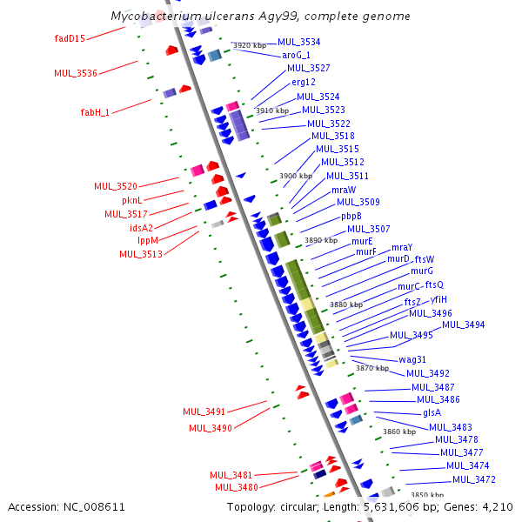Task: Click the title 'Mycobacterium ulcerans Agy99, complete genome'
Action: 261,17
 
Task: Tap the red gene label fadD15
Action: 70,38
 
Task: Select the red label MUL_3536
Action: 76,73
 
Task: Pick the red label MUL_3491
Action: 204,412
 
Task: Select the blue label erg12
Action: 304,82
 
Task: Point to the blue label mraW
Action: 344,190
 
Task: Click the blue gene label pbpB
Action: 351,216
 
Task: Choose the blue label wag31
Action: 412,359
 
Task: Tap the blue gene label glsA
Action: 432,413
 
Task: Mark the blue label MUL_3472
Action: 474,479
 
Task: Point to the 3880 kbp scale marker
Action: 347,304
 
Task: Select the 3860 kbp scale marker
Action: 399,432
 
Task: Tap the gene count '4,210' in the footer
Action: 494,506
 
